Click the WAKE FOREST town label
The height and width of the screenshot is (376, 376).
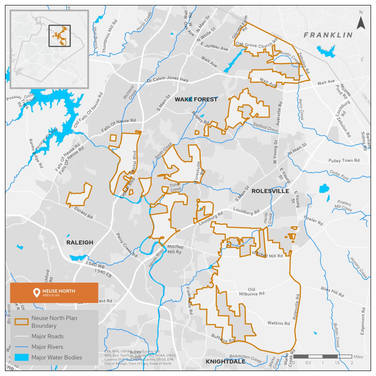196,99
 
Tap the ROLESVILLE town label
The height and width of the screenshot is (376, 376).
270,191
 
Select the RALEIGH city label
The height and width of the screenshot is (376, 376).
80,242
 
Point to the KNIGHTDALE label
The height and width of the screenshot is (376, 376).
225,362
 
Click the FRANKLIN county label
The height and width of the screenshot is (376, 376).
328,35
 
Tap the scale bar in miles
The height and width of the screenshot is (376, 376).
322,356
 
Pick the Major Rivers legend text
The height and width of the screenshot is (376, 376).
47,347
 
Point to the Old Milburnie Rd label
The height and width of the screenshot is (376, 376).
251,292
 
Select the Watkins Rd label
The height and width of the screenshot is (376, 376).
279,323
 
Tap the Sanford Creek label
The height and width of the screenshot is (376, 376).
265,128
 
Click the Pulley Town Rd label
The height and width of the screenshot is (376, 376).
344,161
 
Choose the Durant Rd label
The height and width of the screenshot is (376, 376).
83,213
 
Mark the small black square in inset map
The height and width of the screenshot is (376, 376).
60,36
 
